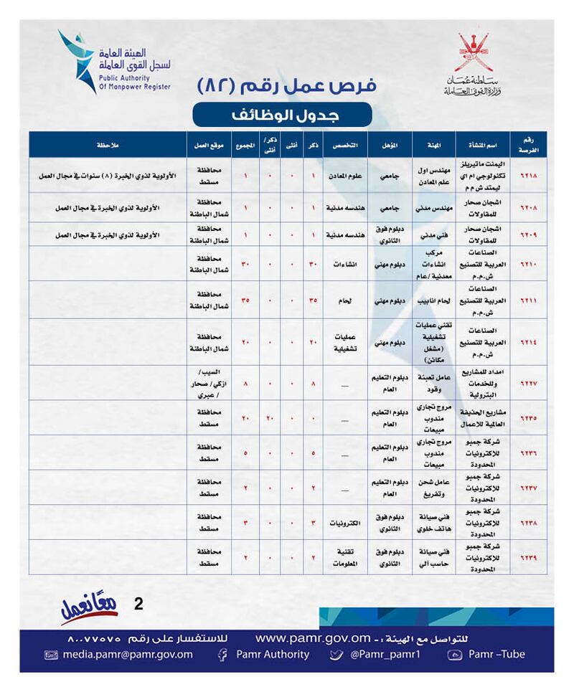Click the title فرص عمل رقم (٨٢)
pyautogui.click(x=286, y=85)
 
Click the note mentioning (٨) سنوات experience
pyautogui.click(x=108, y=176)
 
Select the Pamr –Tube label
pyautogui.click(x=495, y=654)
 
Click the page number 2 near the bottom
pyautogui.click(x=138, y=604)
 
